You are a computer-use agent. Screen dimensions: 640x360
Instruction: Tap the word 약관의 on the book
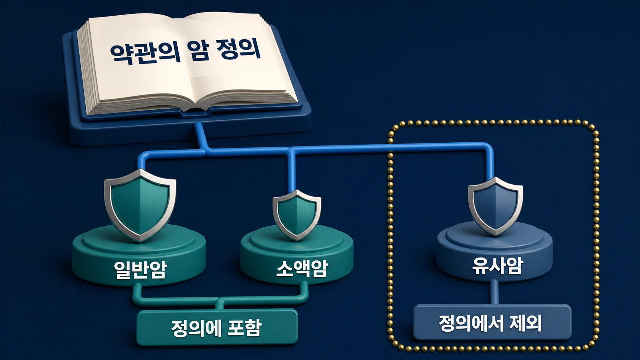point(145,53)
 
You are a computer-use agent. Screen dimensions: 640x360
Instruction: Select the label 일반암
point(140,269)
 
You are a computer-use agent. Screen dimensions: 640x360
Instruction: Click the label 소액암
point(301,268)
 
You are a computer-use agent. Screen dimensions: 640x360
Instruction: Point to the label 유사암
point(497,266)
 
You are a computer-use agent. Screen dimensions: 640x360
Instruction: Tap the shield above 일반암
point(140,205)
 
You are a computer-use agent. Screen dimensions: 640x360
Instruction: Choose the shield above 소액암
point(297,215)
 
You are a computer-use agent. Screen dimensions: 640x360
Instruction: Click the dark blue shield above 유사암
point(495,206)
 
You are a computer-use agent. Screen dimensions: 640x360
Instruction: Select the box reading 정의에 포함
point(217,327)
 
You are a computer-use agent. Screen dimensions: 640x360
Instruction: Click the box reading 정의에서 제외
point(492,322)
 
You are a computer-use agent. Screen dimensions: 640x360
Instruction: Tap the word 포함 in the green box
point(245,328)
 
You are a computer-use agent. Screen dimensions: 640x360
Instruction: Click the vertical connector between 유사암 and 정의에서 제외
point(495,292)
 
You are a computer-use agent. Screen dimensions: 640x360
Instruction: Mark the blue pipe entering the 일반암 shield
point(140,163)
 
